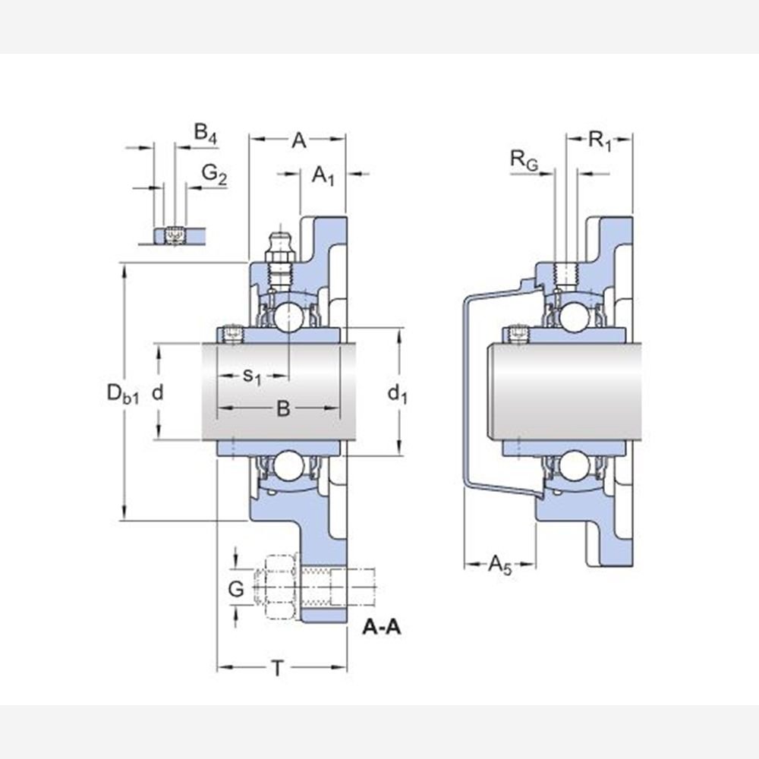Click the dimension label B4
tap(205, 132)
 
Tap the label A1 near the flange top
tap(323, 175)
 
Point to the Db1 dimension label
tap(122, 393)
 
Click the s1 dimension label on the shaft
tap(252, 376)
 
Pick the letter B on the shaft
tap(282, 408)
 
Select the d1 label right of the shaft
tap(398, 394)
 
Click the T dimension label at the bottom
tap(278, 669)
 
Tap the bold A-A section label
tap(382, 628)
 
